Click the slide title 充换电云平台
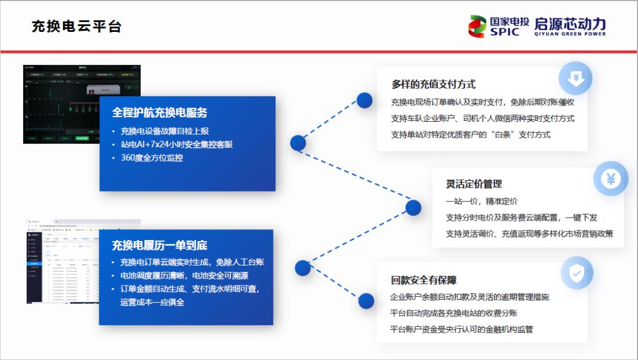tap(77, 27)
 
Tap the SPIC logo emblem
tap(477, 27)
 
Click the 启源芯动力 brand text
tap(569, 24)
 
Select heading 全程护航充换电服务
tap(159, 112)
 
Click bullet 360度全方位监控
tap(152, 158)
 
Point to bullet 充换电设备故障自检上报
tap(164, 131)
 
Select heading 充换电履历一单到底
tap(159, 245)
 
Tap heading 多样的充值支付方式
tap(433, 85)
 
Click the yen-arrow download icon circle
tap(575, 78)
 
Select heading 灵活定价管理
tap(474, 184)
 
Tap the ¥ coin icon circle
tap(610, 178)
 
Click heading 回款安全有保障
tap(423, 280)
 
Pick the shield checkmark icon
tap(576, 273)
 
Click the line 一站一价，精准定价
tap(481, 201)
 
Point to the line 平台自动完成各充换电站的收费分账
tap(454, 313)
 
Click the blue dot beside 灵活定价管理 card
tap(414, 207)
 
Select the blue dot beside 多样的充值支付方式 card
tap(364, 100)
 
